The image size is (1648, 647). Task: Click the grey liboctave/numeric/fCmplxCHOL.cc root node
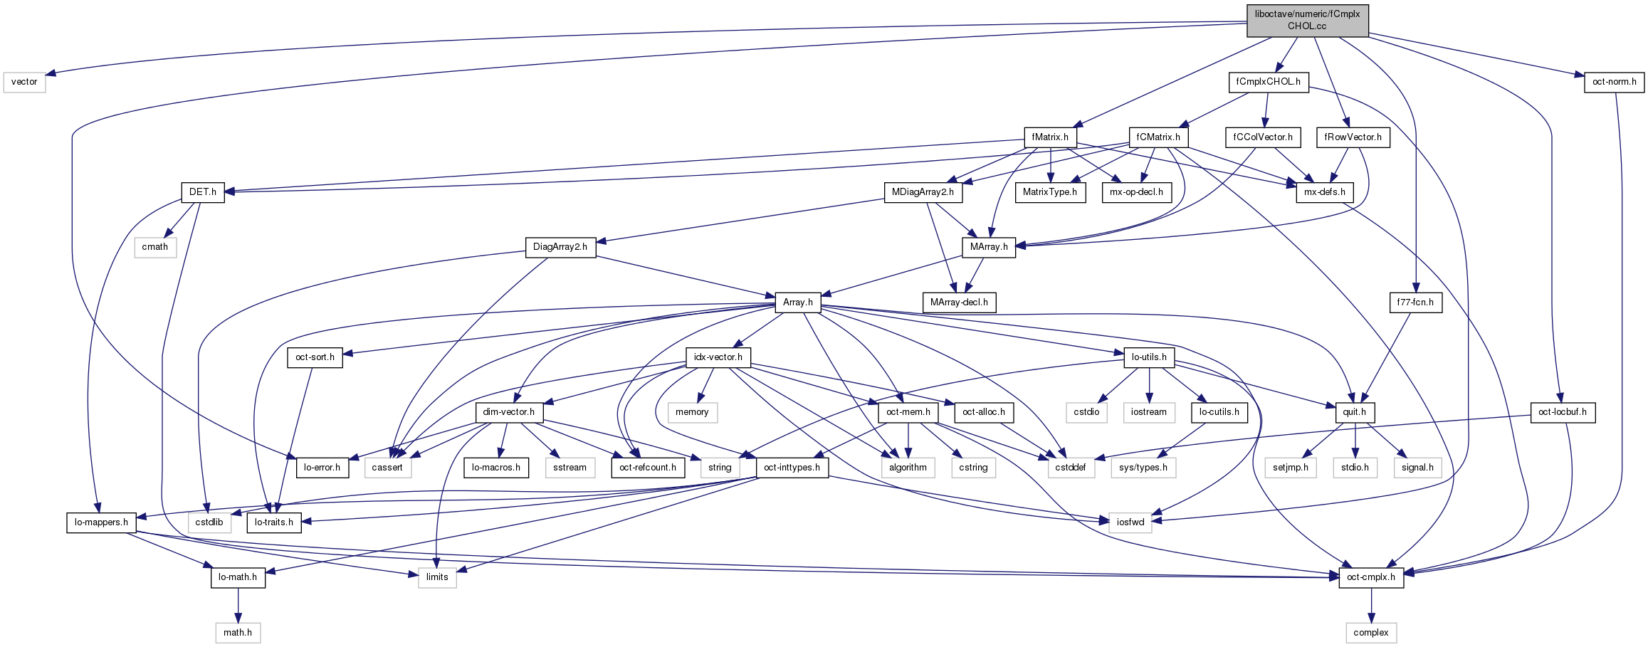[1307, 20]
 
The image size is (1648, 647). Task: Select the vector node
[24, 82]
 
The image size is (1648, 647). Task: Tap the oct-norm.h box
[1614, 82]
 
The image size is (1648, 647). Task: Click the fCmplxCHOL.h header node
[1268, 82]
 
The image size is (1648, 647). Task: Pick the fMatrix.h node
[1050, 137]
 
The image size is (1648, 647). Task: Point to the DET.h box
[202, 192]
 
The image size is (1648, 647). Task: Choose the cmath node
[154, 247]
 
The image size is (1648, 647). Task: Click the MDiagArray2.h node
[923, 192]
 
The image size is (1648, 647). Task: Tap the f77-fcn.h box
[1415, 303]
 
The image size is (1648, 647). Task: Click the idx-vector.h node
[718, 357]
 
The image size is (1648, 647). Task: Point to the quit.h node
[1354, 412]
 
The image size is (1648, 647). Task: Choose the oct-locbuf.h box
[1563, 412]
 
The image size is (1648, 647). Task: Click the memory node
[692, 412]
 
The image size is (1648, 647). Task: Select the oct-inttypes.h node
[792, 468]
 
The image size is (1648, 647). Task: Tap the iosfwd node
[1130, 522]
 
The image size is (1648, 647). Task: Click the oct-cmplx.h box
[1371, 577]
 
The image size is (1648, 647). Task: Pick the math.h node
[238, 633]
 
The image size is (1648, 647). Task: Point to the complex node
[1371, 633]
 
